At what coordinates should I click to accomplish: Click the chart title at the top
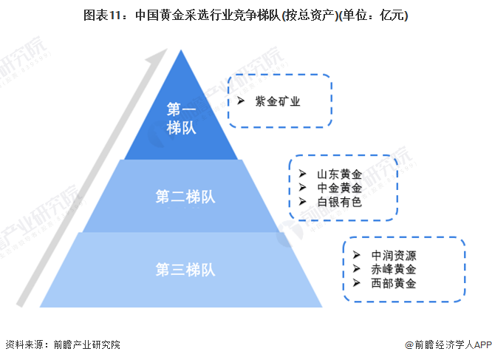[246, 15]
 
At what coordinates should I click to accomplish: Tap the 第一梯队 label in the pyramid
[181, 118]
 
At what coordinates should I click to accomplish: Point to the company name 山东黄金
[339, 174]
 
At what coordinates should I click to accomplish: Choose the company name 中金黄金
[339, 188]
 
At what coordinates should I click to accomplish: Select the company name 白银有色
[339, 201]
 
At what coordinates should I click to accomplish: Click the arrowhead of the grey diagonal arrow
[157, 57]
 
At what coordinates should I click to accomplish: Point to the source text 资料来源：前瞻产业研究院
[62, 344]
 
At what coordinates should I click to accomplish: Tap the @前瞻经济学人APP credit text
[447, 344]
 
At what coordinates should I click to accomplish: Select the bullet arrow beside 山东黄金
[302, 174]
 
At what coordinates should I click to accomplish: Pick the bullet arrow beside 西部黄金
[357, 283]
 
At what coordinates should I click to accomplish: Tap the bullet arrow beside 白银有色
[302, 201]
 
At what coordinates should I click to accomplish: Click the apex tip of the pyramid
[181, 50]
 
